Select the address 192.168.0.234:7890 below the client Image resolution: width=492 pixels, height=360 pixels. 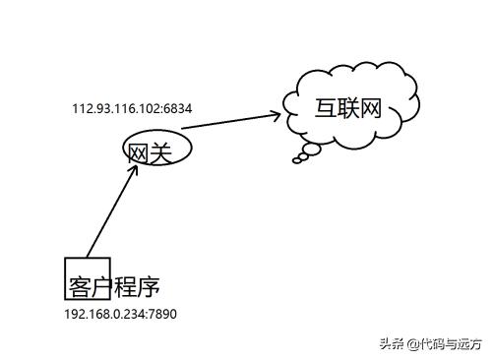(x=120, y=314)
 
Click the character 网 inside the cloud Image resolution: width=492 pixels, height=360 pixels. (x=371, y=107)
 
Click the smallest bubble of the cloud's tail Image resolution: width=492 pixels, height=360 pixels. (x=297, y=161)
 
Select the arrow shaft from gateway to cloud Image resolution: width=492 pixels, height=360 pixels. (x=226, y=122)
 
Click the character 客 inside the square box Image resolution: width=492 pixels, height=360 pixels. (x=80, y=286)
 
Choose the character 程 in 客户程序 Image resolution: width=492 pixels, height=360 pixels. (x=125, y=286)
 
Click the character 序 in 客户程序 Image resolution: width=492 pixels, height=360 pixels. (x=149, y=286)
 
